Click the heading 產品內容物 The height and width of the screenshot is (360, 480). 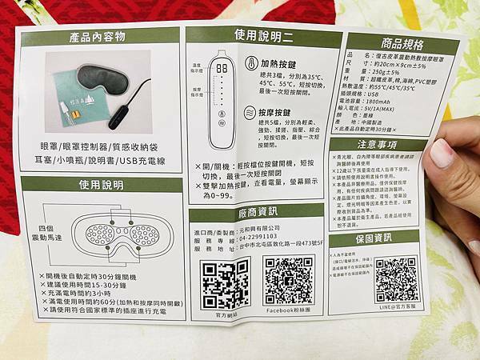point(100,37)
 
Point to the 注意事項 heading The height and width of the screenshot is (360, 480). point(377,146)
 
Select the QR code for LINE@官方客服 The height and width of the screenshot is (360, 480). point(397,279)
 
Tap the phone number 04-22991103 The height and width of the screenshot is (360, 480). point(258,237)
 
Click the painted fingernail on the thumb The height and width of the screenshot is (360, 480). point(442,152)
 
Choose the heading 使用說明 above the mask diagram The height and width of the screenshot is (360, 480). point(102,184)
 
